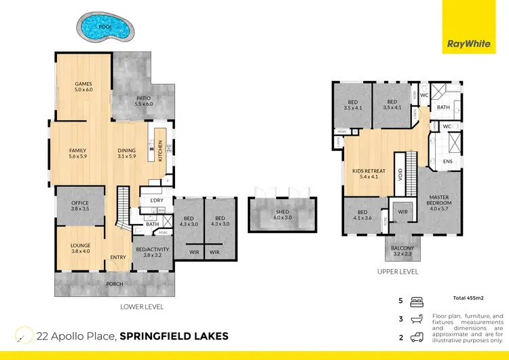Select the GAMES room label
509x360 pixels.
83,87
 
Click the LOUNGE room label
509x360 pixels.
80,248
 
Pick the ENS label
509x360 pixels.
447,162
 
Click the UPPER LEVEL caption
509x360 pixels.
398,272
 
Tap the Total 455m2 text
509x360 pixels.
468,299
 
